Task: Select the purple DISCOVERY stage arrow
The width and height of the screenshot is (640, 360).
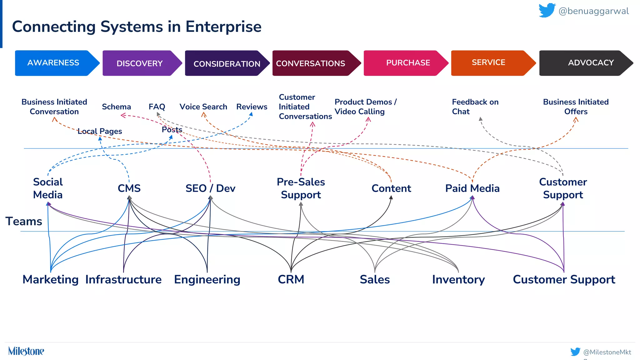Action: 140,63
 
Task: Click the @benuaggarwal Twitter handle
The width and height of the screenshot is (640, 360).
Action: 593,11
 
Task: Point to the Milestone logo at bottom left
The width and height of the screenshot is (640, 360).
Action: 26,351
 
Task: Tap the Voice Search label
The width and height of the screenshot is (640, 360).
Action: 203,107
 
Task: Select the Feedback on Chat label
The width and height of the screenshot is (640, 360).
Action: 475,107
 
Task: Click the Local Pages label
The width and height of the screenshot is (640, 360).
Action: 100,131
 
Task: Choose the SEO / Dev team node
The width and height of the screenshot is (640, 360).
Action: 210,188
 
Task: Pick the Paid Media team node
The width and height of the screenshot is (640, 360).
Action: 472,188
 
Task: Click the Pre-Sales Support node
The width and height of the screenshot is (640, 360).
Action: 301,188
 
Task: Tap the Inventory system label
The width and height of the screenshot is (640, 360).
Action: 458,279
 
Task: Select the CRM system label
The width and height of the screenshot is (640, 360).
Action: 291,279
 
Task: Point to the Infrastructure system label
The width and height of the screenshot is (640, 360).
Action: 123,279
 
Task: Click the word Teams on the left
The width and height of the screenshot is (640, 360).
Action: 24,221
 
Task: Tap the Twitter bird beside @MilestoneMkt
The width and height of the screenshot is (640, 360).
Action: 575,352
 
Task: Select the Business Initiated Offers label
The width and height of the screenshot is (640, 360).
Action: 576,107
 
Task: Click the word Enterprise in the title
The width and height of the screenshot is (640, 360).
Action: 223,27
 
